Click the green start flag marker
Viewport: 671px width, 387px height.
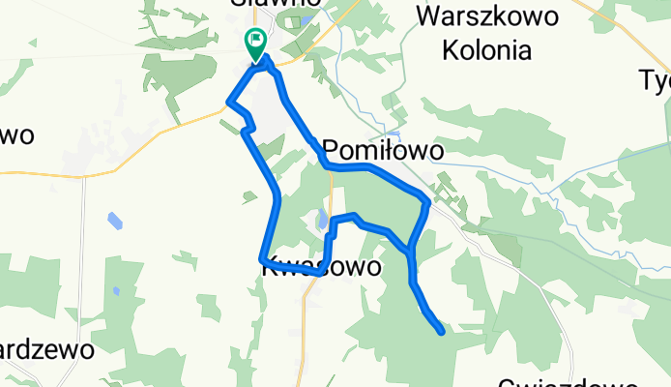tap(257, 43)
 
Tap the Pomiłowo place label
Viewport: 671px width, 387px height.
tap(383, 151)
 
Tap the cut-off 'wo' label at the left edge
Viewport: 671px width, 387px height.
tap(17, 134)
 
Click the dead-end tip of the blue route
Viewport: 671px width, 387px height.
tap(442, 333)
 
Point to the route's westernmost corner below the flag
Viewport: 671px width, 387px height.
tap(228, 101)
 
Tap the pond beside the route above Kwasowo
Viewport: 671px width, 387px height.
tap(321, 221)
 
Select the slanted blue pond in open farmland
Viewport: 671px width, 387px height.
tap(114, 220)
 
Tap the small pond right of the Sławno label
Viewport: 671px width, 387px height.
tap(306, 18)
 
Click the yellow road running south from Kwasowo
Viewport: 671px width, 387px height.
tap(305, 329)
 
